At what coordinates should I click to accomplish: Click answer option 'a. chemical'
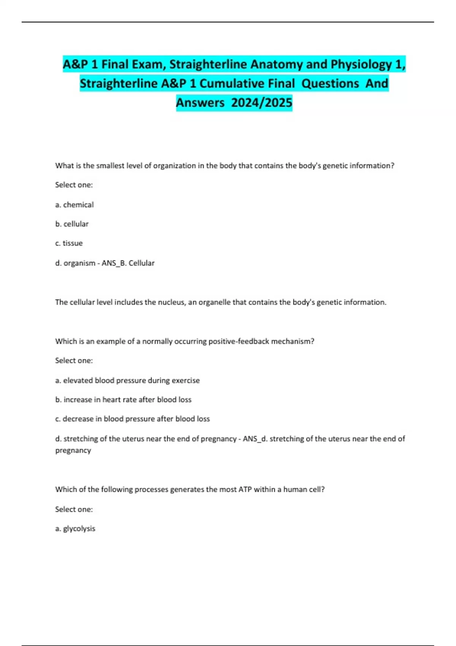(x=74, y=205)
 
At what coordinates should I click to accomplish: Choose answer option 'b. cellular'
(x=72, y=224)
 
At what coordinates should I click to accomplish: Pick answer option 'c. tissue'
(x=69, y=243)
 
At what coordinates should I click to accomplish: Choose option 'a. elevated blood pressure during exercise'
(x=127, y=380)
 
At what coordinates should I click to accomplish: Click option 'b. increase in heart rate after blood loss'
(x=123, y=400)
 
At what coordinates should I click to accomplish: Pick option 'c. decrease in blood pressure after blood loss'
(x=132, y=419)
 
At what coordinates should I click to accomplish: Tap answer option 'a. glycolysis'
(x=75, y=529)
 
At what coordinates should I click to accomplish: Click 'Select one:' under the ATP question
(x=74, y=509)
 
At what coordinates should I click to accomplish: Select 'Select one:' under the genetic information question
(x=74, y=185)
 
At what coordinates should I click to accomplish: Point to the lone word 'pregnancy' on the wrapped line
(x=73, y=451)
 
